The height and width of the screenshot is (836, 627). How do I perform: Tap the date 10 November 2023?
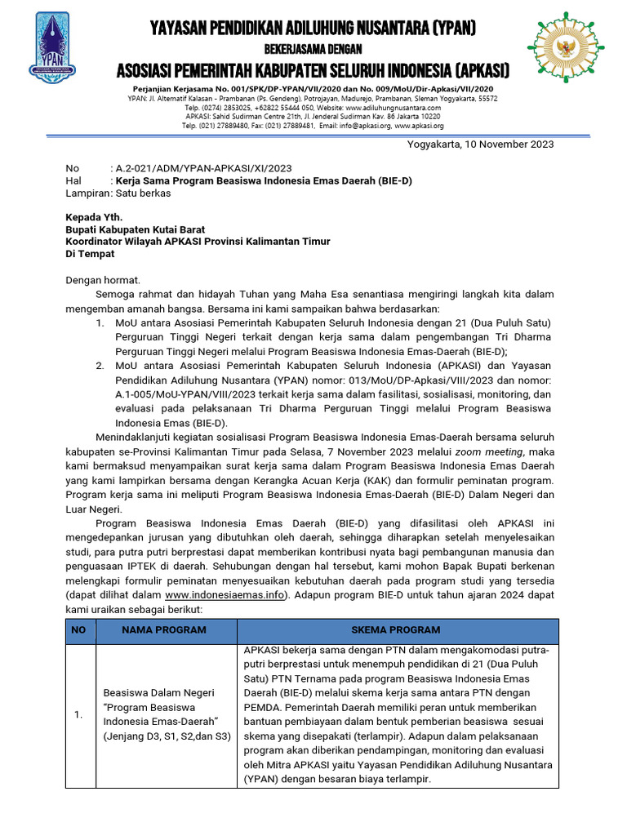click(x=504, y=145)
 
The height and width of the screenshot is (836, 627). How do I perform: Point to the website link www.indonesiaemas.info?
click(x=226, y=595)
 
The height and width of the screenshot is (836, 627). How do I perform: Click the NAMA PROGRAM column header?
click(x=164, y=629)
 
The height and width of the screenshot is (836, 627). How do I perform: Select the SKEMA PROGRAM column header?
click(x=396, y=629)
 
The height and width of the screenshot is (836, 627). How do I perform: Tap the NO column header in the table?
click(x=78, y=629)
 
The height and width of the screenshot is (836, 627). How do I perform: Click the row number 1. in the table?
click(x=78, y=715)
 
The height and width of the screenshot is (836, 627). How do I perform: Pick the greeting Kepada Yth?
click(x=93, y=218)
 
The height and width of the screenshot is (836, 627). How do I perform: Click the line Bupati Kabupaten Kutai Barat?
click(x=135, y=230)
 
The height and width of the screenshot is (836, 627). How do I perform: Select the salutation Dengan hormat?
click(x=103, y=280)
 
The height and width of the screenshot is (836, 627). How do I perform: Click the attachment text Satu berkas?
click(x=143, y=193)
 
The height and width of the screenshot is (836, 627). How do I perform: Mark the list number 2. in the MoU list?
click(x=99, y=365)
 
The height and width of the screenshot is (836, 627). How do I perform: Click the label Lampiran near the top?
click(x=87, y=193)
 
